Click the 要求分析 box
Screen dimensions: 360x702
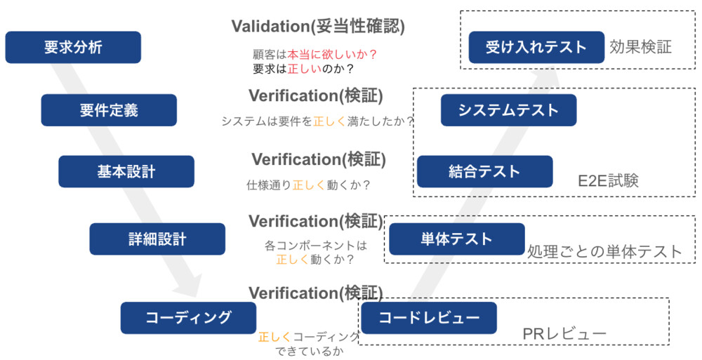coord(73,47)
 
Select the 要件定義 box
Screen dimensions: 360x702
coord(109,109)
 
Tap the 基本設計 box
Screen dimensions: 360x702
coord(126,171)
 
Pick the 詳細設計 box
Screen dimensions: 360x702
coord(157,239)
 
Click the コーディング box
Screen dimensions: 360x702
coord(188,317)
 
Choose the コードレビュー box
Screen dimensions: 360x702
coord(429,317)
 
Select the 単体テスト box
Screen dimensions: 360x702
coord(457,239)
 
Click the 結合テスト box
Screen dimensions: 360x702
coord(484,171)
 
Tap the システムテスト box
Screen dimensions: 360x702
coord(508,109)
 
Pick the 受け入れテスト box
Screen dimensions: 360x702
coord(536,47)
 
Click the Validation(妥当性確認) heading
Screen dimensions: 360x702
coord(318,27)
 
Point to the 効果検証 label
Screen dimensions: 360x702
coord(641,47)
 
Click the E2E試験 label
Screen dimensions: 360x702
coord(609,181)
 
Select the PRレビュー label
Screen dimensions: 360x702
coord(564,334)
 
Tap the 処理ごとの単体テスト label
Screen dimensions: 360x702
coord(604,251)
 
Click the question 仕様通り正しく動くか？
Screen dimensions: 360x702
coord(309,186)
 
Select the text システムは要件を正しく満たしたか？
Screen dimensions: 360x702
coord(317,121)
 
